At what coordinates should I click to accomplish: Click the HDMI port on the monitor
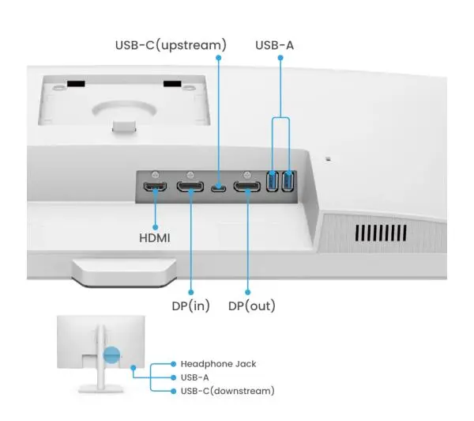(155, 188)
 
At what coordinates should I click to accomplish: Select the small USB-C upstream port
(218, 188)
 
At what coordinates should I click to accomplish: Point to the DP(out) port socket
(247, 188)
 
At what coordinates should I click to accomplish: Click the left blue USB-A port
(273, 181)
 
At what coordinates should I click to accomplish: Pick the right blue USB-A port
(288, 181)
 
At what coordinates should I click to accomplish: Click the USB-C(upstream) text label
(171, 44)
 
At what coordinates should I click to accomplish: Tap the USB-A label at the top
(274, 44)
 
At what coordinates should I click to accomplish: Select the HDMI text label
(154, 237)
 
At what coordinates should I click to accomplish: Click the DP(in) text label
(190, 305)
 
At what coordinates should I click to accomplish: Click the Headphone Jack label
(218, 363)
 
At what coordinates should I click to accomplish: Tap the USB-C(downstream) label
(228, 391)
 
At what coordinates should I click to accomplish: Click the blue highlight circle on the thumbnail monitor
(111, 355)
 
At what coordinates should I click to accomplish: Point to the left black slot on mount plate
(75, 83)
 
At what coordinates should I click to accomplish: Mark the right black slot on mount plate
(172, 83)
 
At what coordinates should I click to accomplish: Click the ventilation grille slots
(381, 233)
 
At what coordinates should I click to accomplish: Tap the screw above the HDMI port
(156, 174)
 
